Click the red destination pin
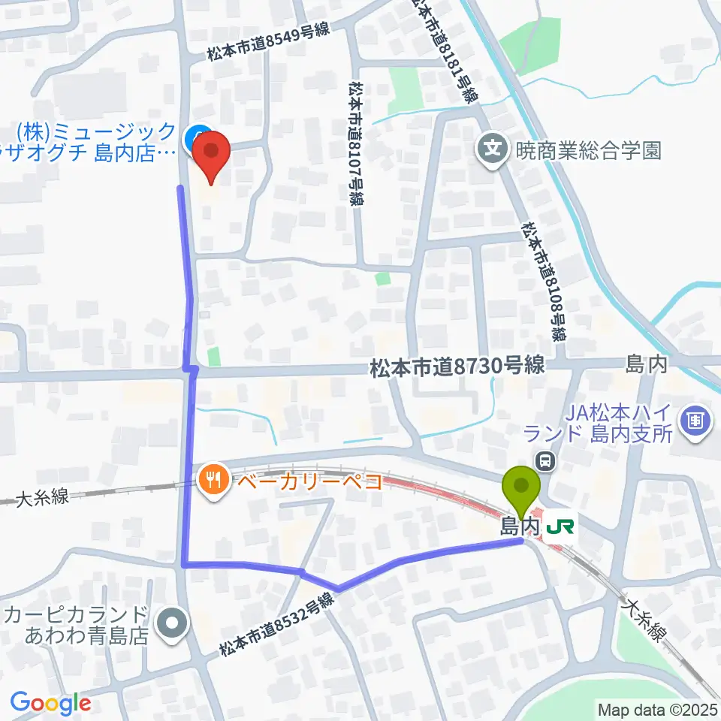tap(211, 153)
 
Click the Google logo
tap(50, 703)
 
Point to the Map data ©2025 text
tap(656, 708)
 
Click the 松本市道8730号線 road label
tap(457, 367)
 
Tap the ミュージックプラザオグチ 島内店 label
tap(94, 143)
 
